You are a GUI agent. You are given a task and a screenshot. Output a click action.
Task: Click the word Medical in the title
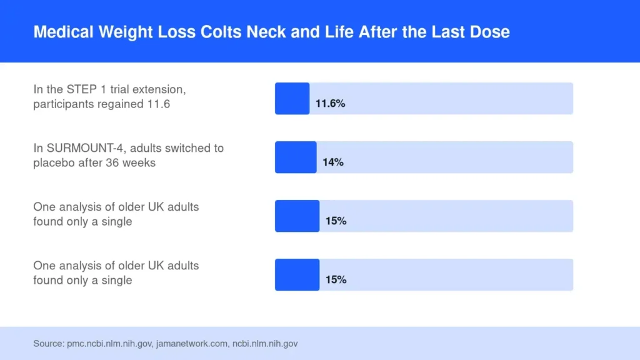click(63, 32)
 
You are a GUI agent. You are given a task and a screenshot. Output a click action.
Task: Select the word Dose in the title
click(489, 32)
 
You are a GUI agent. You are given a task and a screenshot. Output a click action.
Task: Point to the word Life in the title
click(339, 32)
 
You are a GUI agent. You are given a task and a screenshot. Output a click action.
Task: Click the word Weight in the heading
click(126, 32)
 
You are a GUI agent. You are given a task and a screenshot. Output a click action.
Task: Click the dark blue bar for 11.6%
click(292, 98)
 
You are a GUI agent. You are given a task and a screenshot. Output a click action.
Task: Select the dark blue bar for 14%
click(296, 157)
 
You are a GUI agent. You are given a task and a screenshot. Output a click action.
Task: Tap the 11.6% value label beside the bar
click(330, 104)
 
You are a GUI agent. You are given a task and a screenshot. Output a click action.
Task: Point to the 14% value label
click(333, 162)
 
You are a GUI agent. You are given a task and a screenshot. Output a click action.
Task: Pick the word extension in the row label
click(159, 89)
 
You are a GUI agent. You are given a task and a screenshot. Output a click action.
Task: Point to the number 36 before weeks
click(112, 162)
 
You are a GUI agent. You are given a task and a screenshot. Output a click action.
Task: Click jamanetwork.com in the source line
click(192, 344)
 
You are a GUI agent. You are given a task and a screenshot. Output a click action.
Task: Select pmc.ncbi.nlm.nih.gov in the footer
click(110, 344)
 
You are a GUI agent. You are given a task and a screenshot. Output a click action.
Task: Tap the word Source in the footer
click(49, 344)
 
